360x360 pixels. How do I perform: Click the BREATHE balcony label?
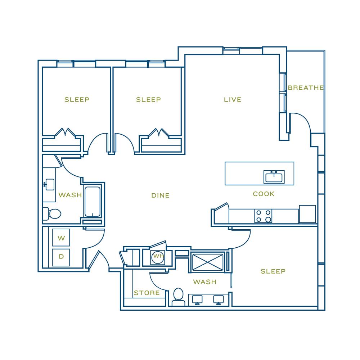(x=306, y=88)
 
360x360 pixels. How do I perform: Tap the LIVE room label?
(x=233, y=100)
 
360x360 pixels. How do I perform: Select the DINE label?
(x=161, y=195)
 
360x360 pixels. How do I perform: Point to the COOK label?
(x=264, y=194)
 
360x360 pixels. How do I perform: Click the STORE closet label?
(x=147, y=293)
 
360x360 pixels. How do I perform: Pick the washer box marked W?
(x=61, y=238)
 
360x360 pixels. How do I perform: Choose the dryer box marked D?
(x=61, y=257)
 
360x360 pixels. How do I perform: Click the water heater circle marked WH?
(x=158, y=257)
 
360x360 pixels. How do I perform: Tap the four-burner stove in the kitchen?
(x=264, y=216)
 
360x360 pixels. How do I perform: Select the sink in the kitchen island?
(x=274, y=177)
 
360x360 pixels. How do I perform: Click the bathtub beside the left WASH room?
(x=93, y=202)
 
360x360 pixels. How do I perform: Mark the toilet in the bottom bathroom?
(x=179, y=297)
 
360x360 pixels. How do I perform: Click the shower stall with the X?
(x=208, y=262)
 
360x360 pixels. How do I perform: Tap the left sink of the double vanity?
(x=197, y=300)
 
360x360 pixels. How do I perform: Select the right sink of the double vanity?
(x=219, y=300)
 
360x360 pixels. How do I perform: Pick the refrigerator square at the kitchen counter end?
(x=307, y=214)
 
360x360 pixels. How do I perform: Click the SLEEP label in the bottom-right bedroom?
(x=273, y=271)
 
